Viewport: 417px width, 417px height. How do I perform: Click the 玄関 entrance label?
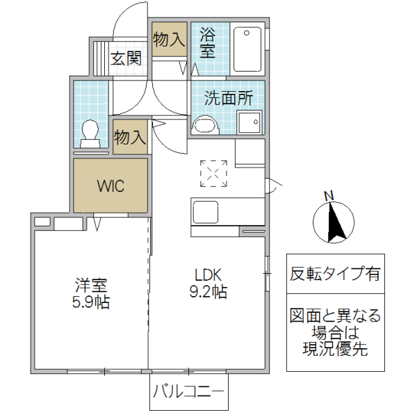coord(125,58)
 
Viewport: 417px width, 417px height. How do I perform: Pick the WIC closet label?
coord(111,186)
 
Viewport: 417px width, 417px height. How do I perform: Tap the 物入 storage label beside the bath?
coord(169,39)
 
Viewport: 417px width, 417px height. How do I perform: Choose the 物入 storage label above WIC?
coord(130,137)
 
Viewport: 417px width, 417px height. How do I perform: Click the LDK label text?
coord(206,274)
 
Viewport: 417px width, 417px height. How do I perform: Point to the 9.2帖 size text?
coord(206,291)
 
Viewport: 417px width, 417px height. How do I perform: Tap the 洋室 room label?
coord(92,285)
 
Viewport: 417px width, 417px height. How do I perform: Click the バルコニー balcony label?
coord(188,391)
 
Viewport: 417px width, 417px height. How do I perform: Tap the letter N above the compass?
coord(330,195)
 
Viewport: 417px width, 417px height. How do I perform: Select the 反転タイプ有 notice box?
coord(335,274)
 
